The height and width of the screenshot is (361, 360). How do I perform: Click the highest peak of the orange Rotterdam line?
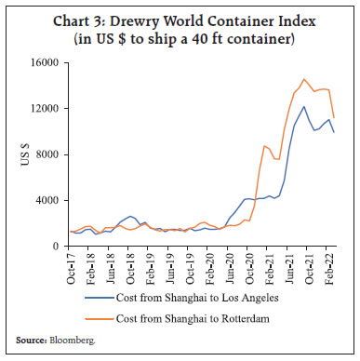tap(303, 79)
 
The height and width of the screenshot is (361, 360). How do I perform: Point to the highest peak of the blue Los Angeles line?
tap(303, 106)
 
